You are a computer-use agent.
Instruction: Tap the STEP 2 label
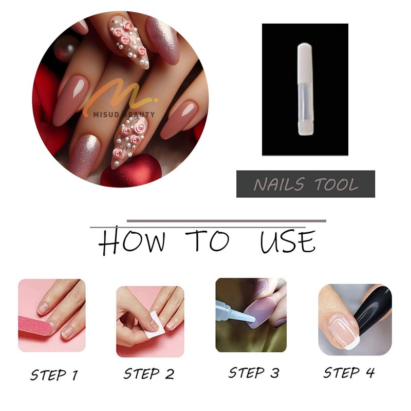[149, 374]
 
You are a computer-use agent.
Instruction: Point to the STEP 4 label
[349, 372]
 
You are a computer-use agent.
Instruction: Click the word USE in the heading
[288, 241]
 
